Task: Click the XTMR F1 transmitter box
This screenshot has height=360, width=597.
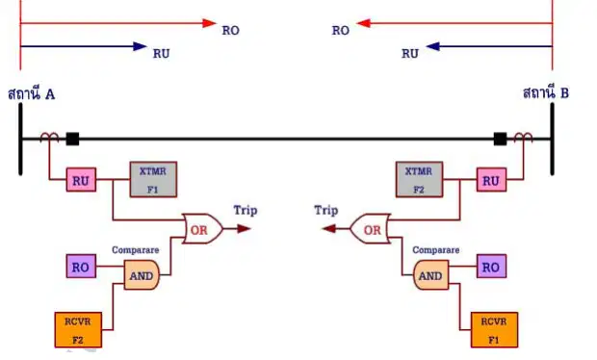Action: click(153, 180)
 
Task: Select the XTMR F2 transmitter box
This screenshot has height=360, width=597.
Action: click(419, 180)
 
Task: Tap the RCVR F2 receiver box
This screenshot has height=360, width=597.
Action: click(78, 330)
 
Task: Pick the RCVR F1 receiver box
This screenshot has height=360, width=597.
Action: click(494, 330)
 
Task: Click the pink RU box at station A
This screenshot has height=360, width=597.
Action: click(81, 180)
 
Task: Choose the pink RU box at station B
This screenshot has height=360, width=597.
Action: click(491, 180)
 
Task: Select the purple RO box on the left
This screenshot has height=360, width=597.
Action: click(81, 267)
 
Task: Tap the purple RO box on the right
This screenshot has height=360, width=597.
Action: click(491, 267)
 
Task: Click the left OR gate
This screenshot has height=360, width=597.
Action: click(202, 229)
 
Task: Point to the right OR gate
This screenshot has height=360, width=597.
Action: click(370, 229)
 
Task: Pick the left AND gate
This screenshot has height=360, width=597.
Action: click(142, 275)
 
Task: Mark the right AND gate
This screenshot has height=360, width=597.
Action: click(431, 275)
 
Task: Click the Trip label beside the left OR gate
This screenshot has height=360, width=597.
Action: click(246, 211)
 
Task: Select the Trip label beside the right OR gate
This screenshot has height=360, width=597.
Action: click(326, 211)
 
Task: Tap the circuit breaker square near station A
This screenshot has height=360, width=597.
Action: click(72, 139)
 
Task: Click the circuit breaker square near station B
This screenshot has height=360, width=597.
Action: click(501, 139)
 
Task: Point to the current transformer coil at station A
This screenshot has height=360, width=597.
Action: click(49, 137)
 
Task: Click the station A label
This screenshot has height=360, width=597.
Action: click(31, 94)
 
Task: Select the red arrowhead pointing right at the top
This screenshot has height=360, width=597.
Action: click(209, 23)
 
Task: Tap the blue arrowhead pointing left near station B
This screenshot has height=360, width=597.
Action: click(433, 46)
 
